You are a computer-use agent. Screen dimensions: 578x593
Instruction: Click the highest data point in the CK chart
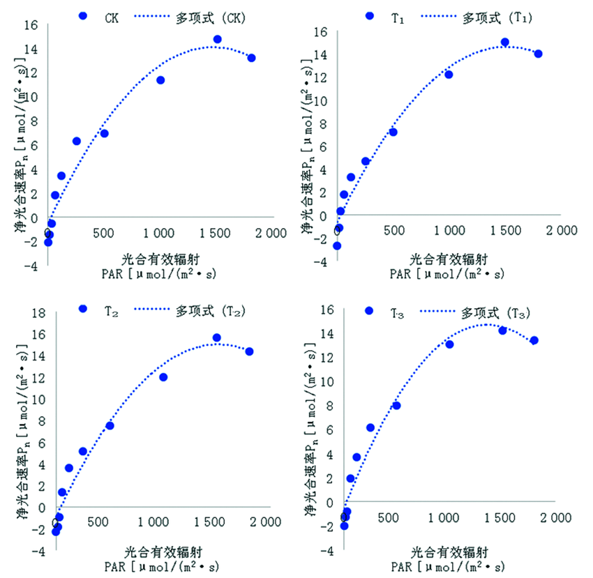218,39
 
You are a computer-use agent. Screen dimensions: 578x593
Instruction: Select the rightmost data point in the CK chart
251,58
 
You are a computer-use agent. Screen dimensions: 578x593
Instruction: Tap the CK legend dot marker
83,15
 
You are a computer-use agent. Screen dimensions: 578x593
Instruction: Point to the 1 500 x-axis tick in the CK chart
215,232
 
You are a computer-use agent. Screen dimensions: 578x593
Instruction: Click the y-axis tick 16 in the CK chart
30,24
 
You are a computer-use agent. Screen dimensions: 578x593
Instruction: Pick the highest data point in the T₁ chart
505,42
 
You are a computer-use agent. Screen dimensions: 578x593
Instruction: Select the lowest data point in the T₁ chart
337,245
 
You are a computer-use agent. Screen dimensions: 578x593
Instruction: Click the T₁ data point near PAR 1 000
449,75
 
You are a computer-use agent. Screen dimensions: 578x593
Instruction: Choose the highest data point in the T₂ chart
217,337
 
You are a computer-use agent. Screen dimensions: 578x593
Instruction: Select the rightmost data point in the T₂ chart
249,351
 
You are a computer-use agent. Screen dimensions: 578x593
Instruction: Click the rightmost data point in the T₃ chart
534,340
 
